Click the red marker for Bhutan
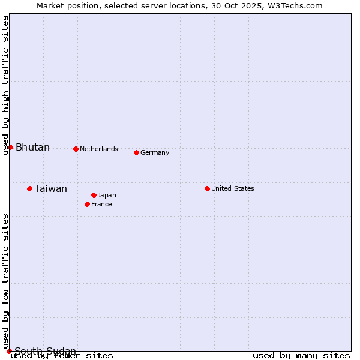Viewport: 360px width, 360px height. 10,147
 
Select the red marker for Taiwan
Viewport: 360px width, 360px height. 29,188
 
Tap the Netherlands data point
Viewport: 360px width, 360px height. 76,149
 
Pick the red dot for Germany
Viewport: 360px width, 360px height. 136,152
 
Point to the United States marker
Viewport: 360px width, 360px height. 207,188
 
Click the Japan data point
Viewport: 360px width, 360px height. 94,195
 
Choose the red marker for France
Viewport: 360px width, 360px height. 87,204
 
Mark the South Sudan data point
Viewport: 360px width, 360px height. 9,351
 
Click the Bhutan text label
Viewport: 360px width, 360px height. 32,148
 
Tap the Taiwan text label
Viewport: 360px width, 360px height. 51,189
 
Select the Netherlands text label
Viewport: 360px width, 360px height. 99,149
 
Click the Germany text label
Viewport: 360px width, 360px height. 155,152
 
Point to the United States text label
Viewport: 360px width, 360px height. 233,188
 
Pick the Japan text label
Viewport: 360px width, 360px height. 107,195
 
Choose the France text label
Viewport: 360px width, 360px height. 101,204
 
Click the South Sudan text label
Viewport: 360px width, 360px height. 45,351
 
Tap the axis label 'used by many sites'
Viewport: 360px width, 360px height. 301,355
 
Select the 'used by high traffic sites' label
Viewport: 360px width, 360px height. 5,85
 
